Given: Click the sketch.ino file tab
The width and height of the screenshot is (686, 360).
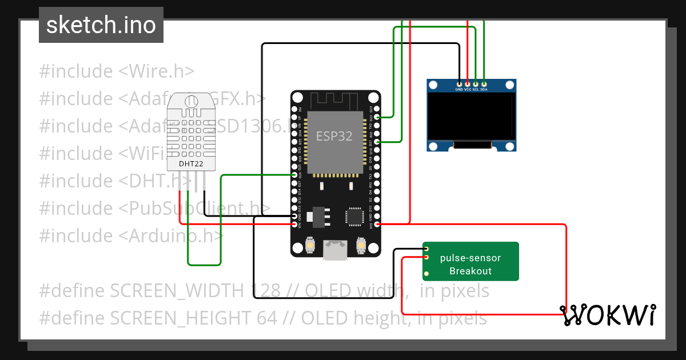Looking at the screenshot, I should tap(101, 25).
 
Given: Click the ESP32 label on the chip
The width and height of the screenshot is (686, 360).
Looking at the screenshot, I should tap(334, 137).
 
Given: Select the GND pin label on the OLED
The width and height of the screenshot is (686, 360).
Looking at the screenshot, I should tap(459, 89).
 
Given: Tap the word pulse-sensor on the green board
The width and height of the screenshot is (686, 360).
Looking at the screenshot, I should tap(470, 258).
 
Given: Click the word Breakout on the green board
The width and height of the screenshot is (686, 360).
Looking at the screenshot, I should tap(470, 271).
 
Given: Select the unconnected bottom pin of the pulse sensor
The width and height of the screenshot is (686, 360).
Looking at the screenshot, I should tap(426, 265).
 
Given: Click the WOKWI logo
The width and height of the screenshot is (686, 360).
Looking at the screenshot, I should tap(607, 315).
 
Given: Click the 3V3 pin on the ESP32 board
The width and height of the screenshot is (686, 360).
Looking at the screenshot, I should tap(376, 225).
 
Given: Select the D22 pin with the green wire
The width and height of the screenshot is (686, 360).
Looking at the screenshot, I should tap(376, 117).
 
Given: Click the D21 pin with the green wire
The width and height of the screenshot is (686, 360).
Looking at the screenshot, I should tap(376, 141).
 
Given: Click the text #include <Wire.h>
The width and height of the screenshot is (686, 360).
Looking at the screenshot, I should tap(117, 71).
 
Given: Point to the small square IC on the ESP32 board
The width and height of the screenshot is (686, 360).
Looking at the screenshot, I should tap(354, 217).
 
